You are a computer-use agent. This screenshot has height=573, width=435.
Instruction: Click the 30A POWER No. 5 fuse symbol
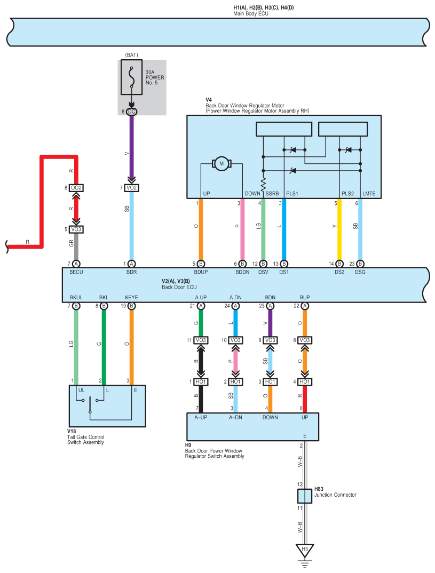132,77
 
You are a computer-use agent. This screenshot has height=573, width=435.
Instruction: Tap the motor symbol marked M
222,164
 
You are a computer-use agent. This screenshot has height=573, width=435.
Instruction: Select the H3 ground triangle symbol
304,551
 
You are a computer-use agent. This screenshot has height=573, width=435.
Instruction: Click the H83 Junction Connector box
304,496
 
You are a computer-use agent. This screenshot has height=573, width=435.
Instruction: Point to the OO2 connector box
76,188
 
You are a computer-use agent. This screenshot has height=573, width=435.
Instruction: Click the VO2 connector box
132,188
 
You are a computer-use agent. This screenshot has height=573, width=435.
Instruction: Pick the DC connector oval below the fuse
132,112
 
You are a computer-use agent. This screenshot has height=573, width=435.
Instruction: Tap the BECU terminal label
76,272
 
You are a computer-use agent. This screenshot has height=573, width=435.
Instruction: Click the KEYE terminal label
131,298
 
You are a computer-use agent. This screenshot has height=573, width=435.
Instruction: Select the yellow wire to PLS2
339,229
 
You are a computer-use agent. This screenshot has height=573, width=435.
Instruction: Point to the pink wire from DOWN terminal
242,229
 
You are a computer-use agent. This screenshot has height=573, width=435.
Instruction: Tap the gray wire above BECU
76,246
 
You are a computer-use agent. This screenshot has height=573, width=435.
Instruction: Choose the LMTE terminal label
369,194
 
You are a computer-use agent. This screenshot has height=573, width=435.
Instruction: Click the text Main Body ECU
251,13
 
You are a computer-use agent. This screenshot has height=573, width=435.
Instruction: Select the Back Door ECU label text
179,287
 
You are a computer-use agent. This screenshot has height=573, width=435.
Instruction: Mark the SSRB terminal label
272,194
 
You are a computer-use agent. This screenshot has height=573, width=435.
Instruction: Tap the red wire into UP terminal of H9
304,399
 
